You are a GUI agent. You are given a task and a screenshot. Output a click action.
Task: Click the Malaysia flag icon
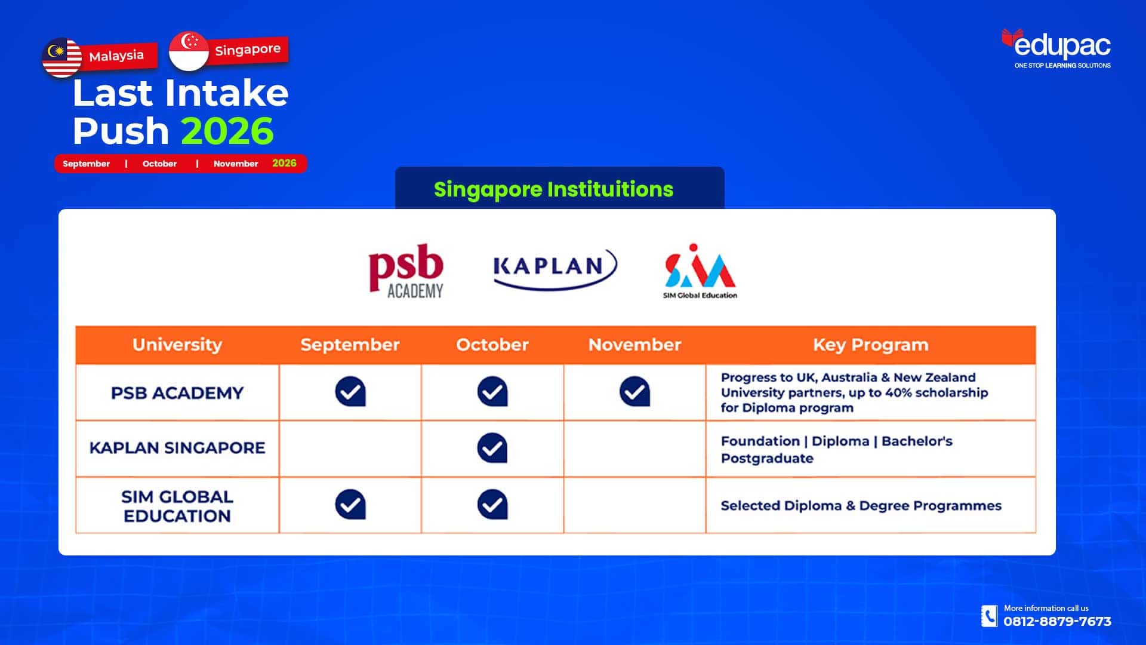pos(62,58)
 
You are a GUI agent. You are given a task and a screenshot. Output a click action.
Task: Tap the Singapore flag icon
pos(189,51)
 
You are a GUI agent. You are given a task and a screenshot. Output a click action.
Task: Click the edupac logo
pos(1056,48)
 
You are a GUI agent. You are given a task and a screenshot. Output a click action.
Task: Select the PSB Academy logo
pos(406,271)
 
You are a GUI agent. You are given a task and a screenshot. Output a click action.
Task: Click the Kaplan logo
pos(555,269)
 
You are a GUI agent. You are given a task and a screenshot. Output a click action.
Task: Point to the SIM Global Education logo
pos(700,271)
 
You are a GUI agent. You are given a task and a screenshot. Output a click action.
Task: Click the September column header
pos(350,345)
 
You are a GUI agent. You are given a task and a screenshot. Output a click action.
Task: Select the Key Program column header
pos(871,345)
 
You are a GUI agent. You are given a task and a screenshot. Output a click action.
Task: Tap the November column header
pos(634,345)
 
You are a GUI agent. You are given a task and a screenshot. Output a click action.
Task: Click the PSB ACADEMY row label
pos(177,393)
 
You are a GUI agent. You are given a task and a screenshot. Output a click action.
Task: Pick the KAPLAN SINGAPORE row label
pos(177,448)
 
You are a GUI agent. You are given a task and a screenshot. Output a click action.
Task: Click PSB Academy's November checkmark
pos(634,392)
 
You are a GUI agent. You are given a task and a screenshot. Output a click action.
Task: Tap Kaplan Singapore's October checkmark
pos(492,448)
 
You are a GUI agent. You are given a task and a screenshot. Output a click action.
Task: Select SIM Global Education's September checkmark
pos(350,505)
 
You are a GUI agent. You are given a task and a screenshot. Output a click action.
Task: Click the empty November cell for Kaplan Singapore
pos(634,449)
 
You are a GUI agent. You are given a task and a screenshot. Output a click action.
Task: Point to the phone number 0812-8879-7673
pos(1057,622)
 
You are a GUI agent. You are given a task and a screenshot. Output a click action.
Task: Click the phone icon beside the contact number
pos(989,616)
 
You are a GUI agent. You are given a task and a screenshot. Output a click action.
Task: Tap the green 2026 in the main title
pos(227,131)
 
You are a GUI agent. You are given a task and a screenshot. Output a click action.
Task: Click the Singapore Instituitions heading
pos(554,189)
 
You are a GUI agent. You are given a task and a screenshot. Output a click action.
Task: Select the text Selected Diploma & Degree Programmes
pos(861,506)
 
